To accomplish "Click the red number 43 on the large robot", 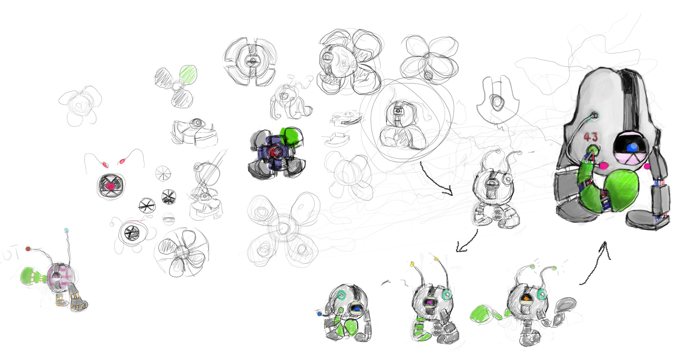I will (591, 136).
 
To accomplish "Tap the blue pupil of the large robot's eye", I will (631, 147).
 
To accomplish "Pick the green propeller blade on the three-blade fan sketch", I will (188, 74).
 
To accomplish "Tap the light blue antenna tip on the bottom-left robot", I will (66, 230).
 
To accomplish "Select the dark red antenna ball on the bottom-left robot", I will (28, 249).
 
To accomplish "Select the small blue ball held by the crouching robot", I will (319, 314).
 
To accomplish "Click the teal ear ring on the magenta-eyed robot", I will (447, 295).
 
